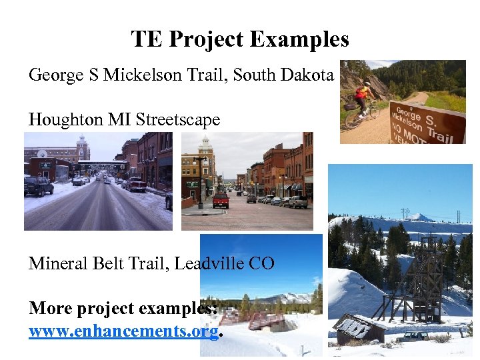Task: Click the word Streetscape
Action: click(177, 120)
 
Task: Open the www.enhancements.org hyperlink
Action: click(123, 331)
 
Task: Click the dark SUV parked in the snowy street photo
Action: click(38, 186)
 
